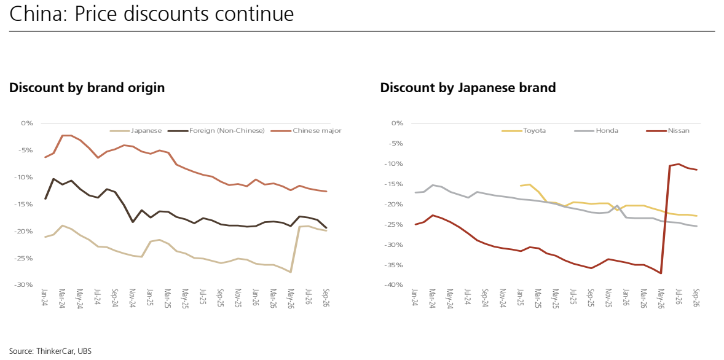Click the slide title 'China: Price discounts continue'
pos(151,14)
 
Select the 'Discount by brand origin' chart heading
pos(87,88)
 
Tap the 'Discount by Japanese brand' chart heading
pos(468,88)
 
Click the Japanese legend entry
pos(136,131)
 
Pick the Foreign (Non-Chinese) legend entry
pos(216,131)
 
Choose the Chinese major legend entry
pos(306,131)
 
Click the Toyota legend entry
pos(524,131)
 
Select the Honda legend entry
pos(596,131)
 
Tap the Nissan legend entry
pos(668,131)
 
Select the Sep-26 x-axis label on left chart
pos(325,299)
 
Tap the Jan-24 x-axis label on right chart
pos(415,299)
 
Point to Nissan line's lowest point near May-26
pos(661,273)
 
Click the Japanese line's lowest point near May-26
pos(291,272)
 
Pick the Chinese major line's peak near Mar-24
pos(66,135)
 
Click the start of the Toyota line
pos(521,186)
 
